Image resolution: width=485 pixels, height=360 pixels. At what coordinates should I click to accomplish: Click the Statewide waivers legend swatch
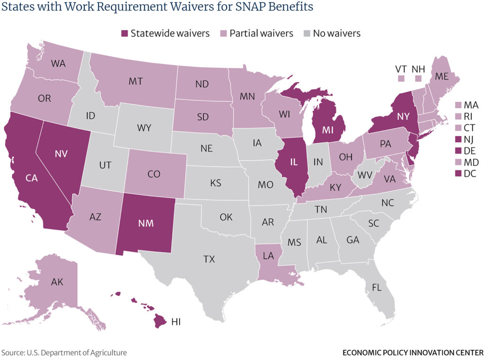[125, 34]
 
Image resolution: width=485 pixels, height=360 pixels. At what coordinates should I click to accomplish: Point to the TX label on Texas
[209, 259]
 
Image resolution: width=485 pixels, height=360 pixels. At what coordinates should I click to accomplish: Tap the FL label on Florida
[377, 288]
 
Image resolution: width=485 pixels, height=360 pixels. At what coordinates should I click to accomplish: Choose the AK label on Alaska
[57, 281]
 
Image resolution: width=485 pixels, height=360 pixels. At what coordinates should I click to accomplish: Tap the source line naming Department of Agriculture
[64, 353]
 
